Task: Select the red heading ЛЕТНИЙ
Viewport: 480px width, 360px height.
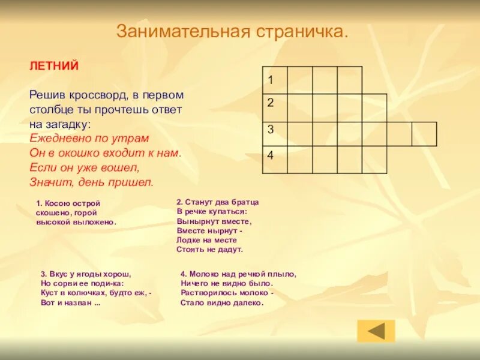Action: tap(55, 66)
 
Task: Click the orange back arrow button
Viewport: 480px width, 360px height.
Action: tap(376, 331)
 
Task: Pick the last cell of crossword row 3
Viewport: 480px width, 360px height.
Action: tap(424, 133)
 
